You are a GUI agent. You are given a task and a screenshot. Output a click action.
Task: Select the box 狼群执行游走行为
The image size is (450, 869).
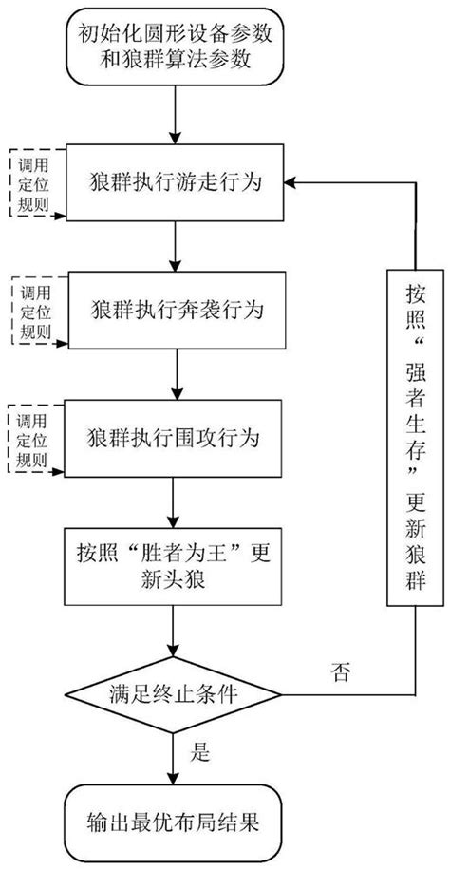coord(175,181)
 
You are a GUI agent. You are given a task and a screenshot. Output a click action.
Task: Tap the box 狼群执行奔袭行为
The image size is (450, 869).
coord(175,312)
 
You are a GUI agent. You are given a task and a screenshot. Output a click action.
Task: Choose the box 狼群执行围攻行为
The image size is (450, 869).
coord(175,439)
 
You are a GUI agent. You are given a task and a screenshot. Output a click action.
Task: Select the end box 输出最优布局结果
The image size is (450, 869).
coord(175,819)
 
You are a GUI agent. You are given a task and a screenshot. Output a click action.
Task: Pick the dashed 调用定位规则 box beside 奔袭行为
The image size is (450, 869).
coord(30,311)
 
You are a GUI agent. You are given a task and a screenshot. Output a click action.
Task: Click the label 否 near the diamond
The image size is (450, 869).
coord(340,675)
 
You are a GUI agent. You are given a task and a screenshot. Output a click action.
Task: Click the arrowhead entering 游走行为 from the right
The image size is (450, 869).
coord(293,182)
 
